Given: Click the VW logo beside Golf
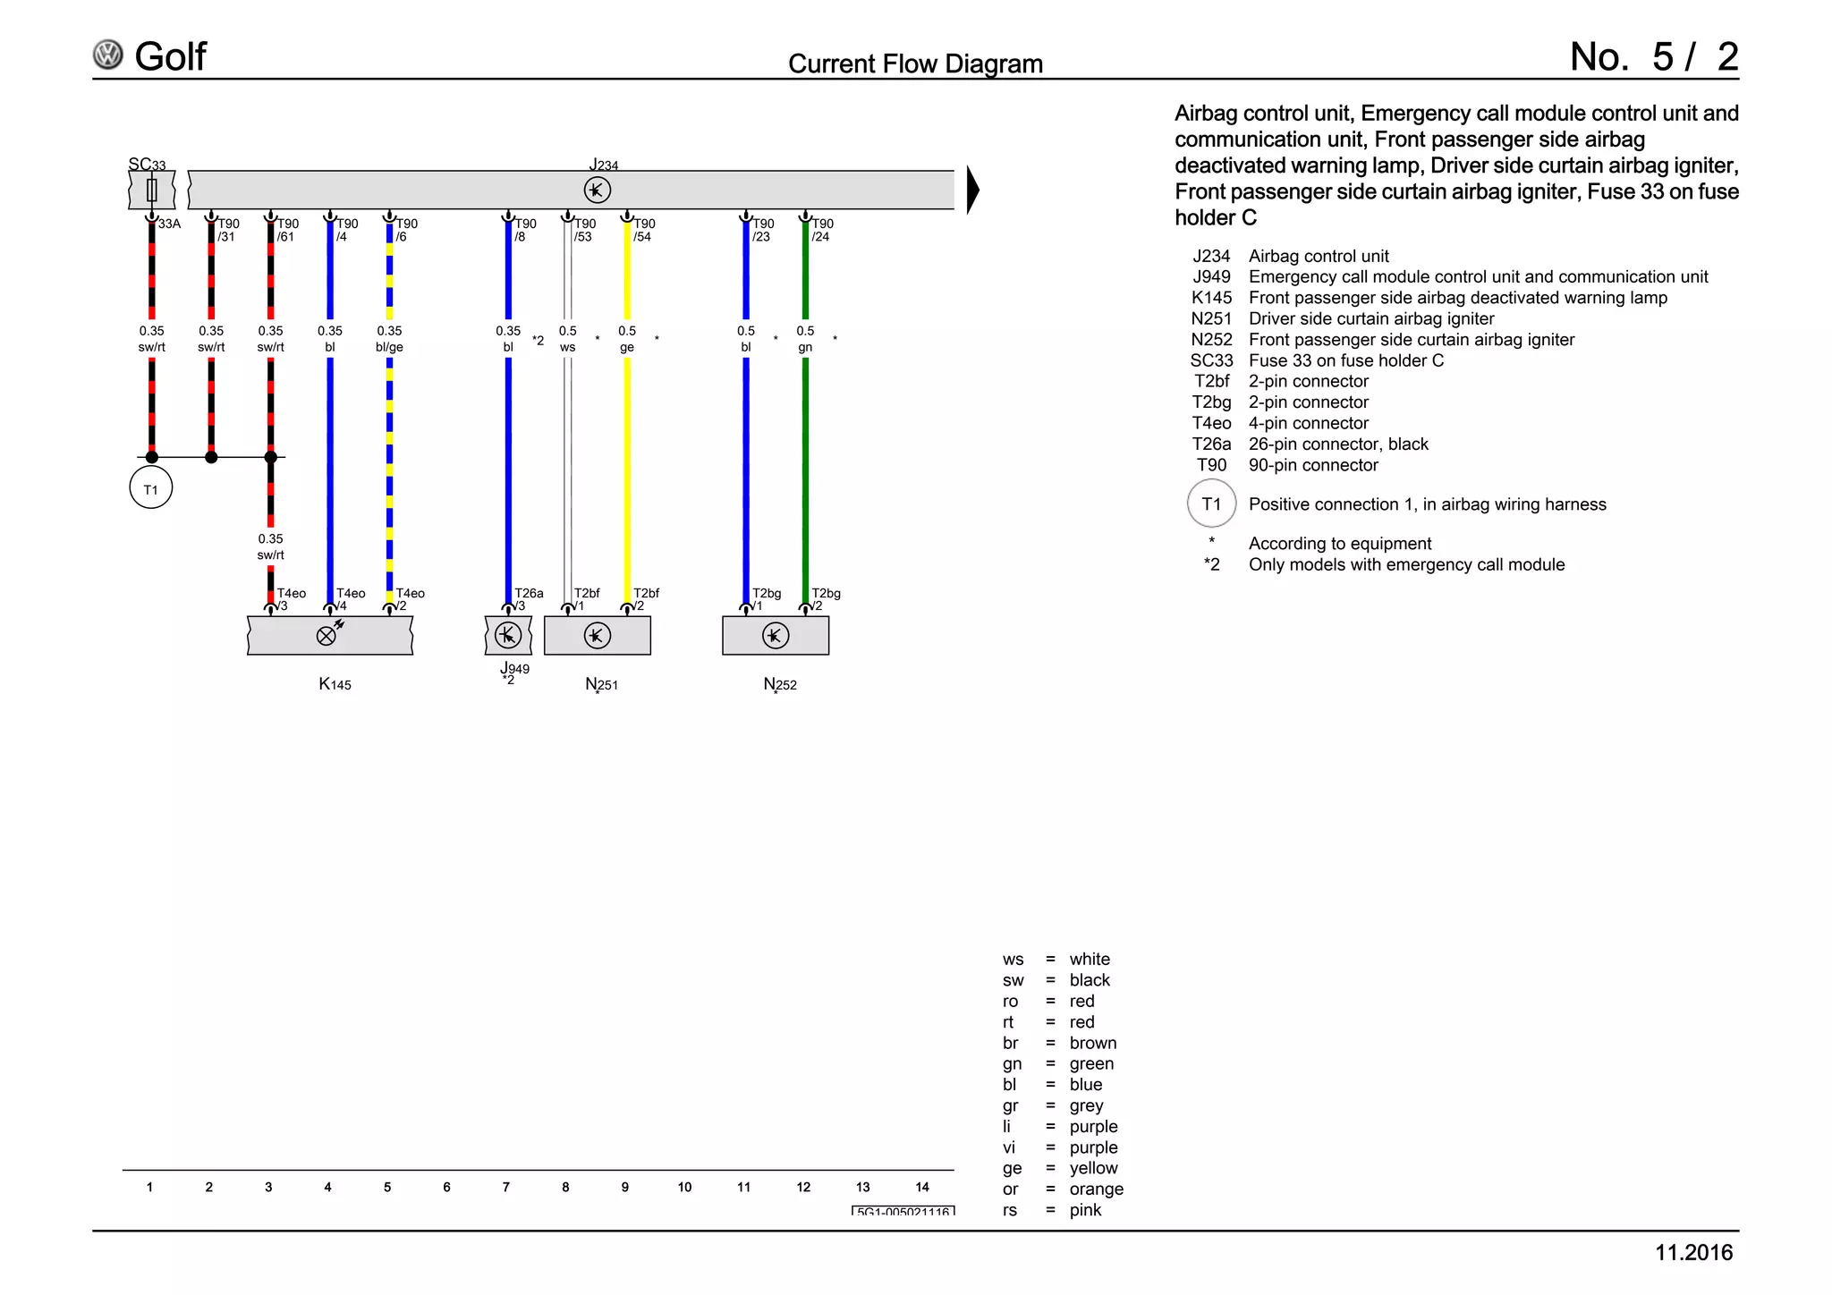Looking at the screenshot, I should (x=108, y=55).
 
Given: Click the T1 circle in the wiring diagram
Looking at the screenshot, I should (x=150, y=488).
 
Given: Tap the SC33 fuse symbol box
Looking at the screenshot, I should (x=151, y=190).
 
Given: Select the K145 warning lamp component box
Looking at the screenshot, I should (x=329, y=636).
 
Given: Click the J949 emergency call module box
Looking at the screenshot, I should (x=508, y=636).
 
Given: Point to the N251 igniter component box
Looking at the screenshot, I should (x=597, y=636).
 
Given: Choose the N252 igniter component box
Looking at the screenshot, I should (x=775, y=636).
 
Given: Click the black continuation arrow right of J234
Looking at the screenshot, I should (x=972, y=190).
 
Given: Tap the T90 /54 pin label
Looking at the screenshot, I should (x=644, y=230).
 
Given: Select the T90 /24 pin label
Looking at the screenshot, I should (x=822, y=230).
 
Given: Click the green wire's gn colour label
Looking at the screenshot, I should (x=805, y=347).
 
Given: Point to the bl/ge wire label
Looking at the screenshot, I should (x=389, y=347).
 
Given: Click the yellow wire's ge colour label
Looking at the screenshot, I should (x=627, y=347).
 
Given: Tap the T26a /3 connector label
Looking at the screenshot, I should (x=528, y=598).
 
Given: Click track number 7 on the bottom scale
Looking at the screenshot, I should (x=506, y=1187).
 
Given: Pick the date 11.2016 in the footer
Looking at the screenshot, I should (x=1693, y=1252).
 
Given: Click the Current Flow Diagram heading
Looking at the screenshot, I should (x=915, y=63).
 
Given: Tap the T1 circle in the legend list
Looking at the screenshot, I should (x=1211, y=504).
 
